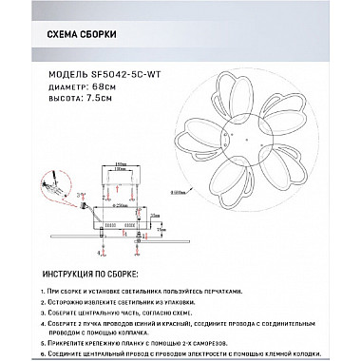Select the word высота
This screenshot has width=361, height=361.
[59, 94]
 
